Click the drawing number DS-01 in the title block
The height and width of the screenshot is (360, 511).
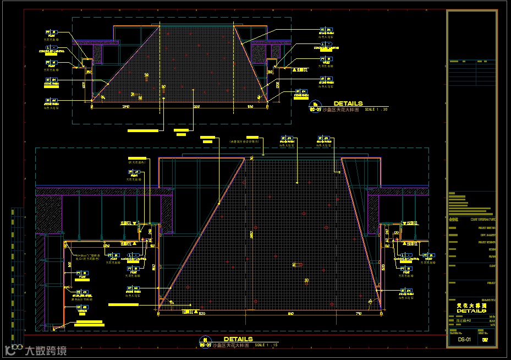coord(464,340)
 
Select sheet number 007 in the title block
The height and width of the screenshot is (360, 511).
coord(485,340)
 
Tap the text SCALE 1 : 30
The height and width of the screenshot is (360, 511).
coord(376,110)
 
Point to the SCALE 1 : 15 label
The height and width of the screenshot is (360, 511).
coord(267,345)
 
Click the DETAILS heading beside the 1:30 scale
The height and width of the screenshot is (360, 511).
coord(348,103)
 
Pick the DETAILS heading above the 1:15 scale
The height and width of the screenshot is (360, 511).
coord(238,339)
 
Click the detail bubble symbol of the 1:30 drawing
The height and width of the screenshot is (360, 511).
coord(315,106)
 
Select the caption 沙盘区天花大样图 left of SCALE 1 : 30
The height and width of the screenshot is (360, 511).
coord(340,110)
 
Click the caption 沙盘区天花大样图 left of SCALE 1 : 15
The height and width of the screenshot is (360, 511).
coord(231,345)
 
